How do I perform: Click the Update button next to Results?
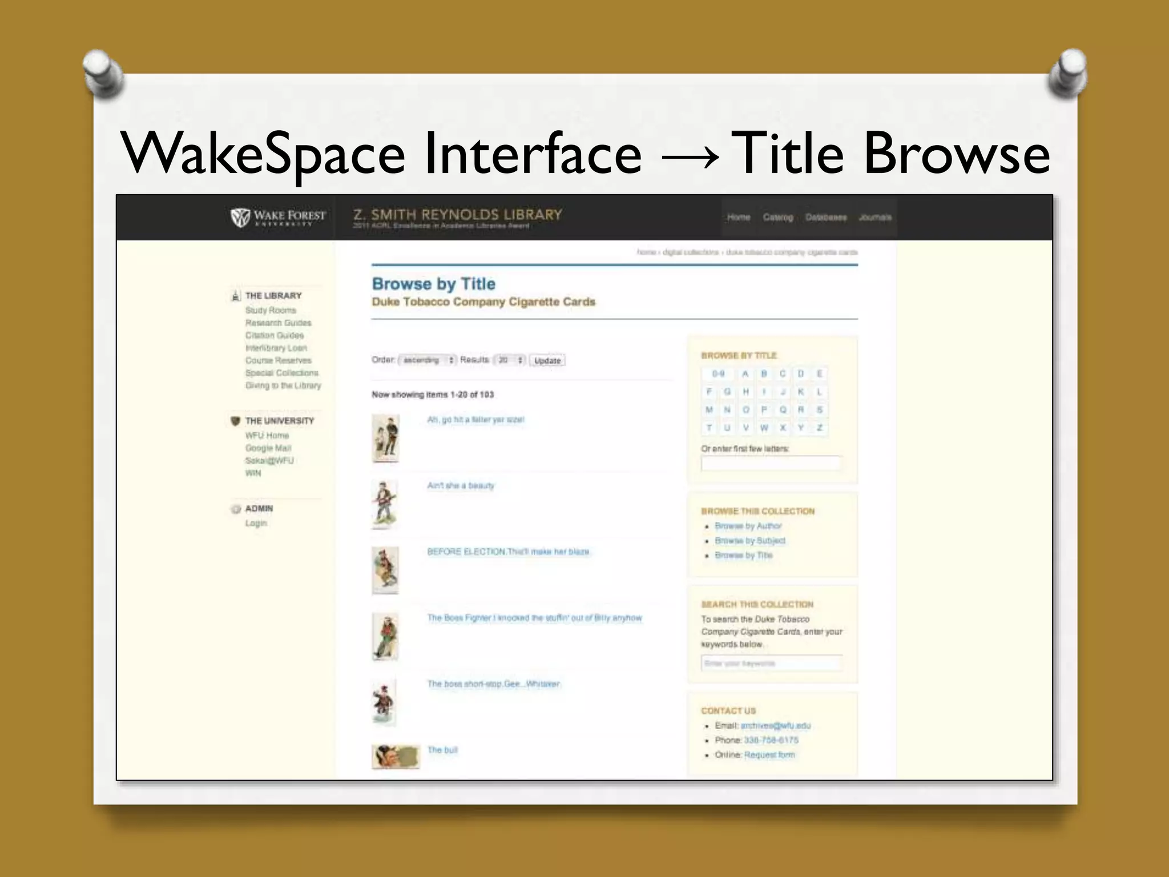tap(547, 360)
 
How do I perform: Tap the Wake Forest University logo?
tap(278, 217)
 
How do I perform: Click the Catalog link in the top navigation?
tap(777, 218)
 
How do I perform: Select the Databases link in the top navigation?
tap(825, 218)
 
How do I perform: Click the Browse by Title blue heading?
tap(433, 284)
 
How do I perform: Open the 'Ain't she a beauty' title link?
tap(461, 485)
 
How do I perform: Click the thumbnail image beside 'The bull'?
tap(395, 757)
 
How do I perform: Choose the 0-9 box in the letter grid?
tap(717, 374)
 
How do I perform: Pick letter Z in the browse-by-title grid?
tap(819, 428)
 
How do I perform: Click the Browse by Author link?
tap(748, 526)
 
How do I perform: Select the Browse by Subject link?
tap(749, 541)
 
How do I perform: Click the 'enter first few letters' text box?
tap(770, 464)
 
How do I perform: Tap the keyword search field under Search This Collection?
tap(771, 663)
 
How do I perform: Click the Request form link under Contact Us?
tap(769, 755)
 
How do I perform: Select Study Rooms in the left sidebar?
tap(271, 310)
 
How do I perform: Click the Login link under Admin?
tap(256, 523)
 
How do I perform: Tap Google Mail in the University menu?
tap(268, 448)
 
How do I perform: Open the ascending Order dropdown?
tap(428, 360)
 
